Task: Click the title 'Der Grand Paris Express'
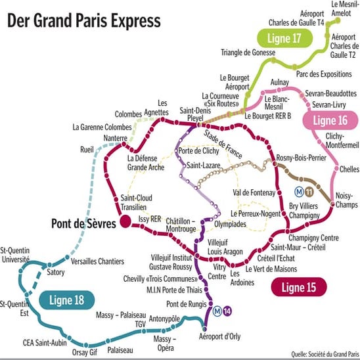point(83,21)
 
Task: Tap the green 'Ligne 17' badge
point(283,39)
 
